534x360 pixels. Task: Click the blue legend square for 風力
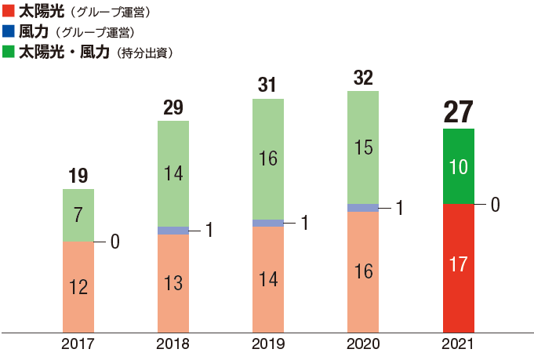[9, 33]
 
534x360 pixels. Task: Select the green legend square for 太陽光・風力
[9, 53]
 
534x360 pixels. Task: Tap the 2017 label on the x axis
[78, 344]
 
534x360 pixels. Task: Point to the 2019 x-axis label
[268, 344]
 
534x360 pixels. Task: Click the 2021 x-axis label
[458, 344]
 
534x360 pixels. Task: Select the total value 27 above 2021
[459, 112]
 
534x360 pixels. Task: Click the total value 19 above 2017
[78, 176]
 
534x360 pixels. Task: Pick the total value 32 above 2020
[363, 78]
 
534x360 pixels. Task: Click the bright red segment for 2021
[459, 267]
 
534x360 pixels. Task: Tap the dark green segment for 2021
[459, 166]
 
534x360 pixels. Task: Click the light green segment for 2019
[268, 158]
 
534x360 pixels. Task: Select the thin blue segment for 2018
[173, 231]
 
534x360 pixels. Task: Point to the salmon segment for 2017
[78, 286]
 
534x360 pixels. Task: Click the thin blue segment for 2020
[363, 207]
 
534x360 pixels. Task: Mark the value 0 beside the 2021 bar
[495, 205]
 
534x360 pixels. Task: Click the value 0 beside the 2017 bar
[114, 242]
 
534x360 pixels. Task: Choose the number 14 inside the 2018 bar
[173, 174]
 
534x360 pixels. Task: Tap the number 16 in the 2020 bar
[363, 271]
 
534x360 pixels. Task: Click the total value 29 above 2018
[173, 108]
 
